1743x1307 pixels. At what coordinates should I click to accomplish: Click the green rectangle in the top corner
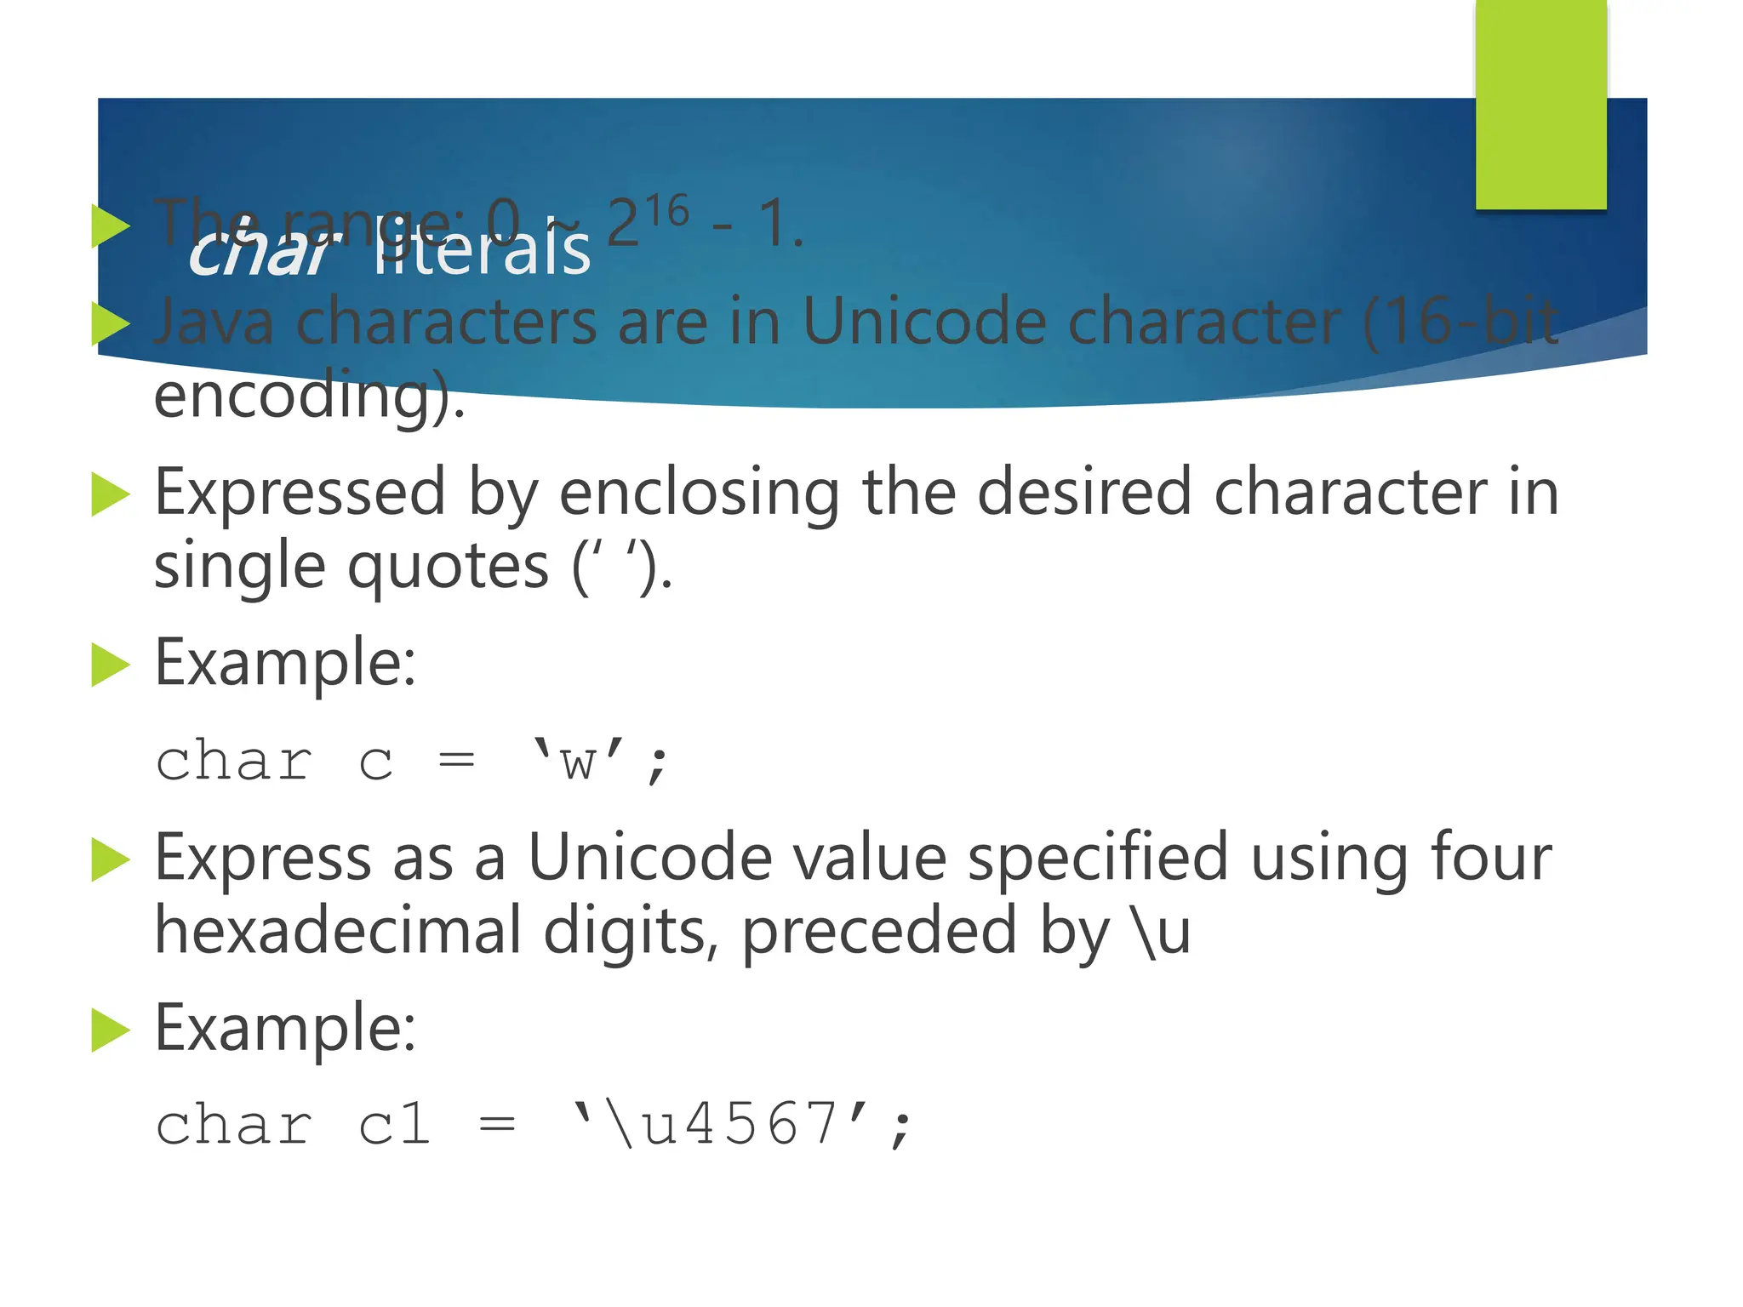(1540, 104)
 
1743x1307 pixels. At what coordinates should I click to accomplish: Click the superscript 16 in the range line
(666, 211)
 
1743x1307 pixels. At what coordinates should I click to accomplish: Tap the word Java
(214, 322)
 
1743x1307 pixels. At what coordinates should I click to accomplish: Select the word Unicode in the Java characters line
(923, 322)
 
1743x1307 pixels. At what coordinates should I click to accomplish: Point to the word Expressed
(300, 494)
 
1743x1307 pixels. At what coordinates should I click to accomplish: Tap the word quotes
(449, 567)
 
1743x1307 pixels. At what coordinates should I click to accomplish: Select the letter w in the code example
(578, 762)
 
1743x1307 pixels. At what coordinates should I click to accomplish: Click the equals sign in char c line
(456, 760)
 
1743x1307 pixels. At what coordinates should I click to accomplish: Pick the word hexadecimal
(338, 931)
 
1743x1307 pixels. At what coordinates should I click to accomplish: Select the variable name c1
(394, 1125)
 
